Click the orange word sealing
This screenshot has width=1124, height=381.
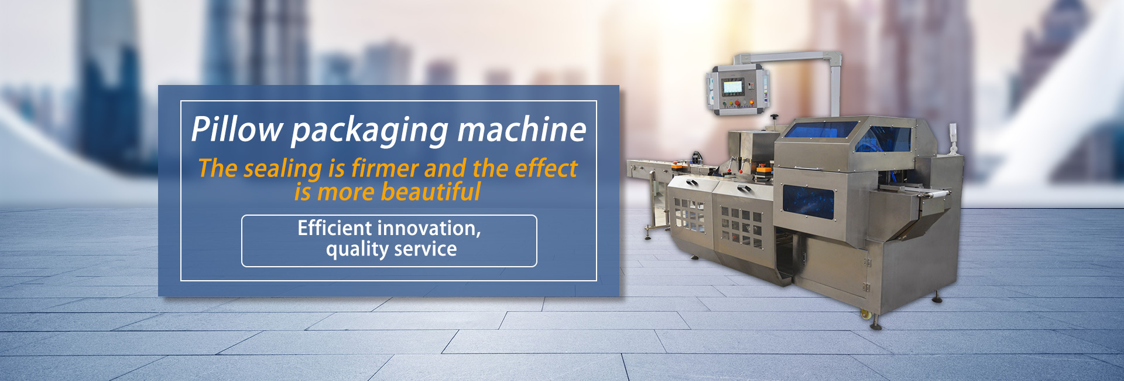point(283,169)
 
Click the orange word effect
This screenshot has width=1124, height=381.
point(546,168)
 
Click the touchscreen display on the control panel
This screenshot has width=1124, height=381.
point(732,87)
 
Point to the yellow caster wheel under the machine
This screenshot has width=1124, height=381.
point(865,315)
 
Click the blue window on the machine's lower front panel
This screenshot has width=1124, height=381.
point(808,200)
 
